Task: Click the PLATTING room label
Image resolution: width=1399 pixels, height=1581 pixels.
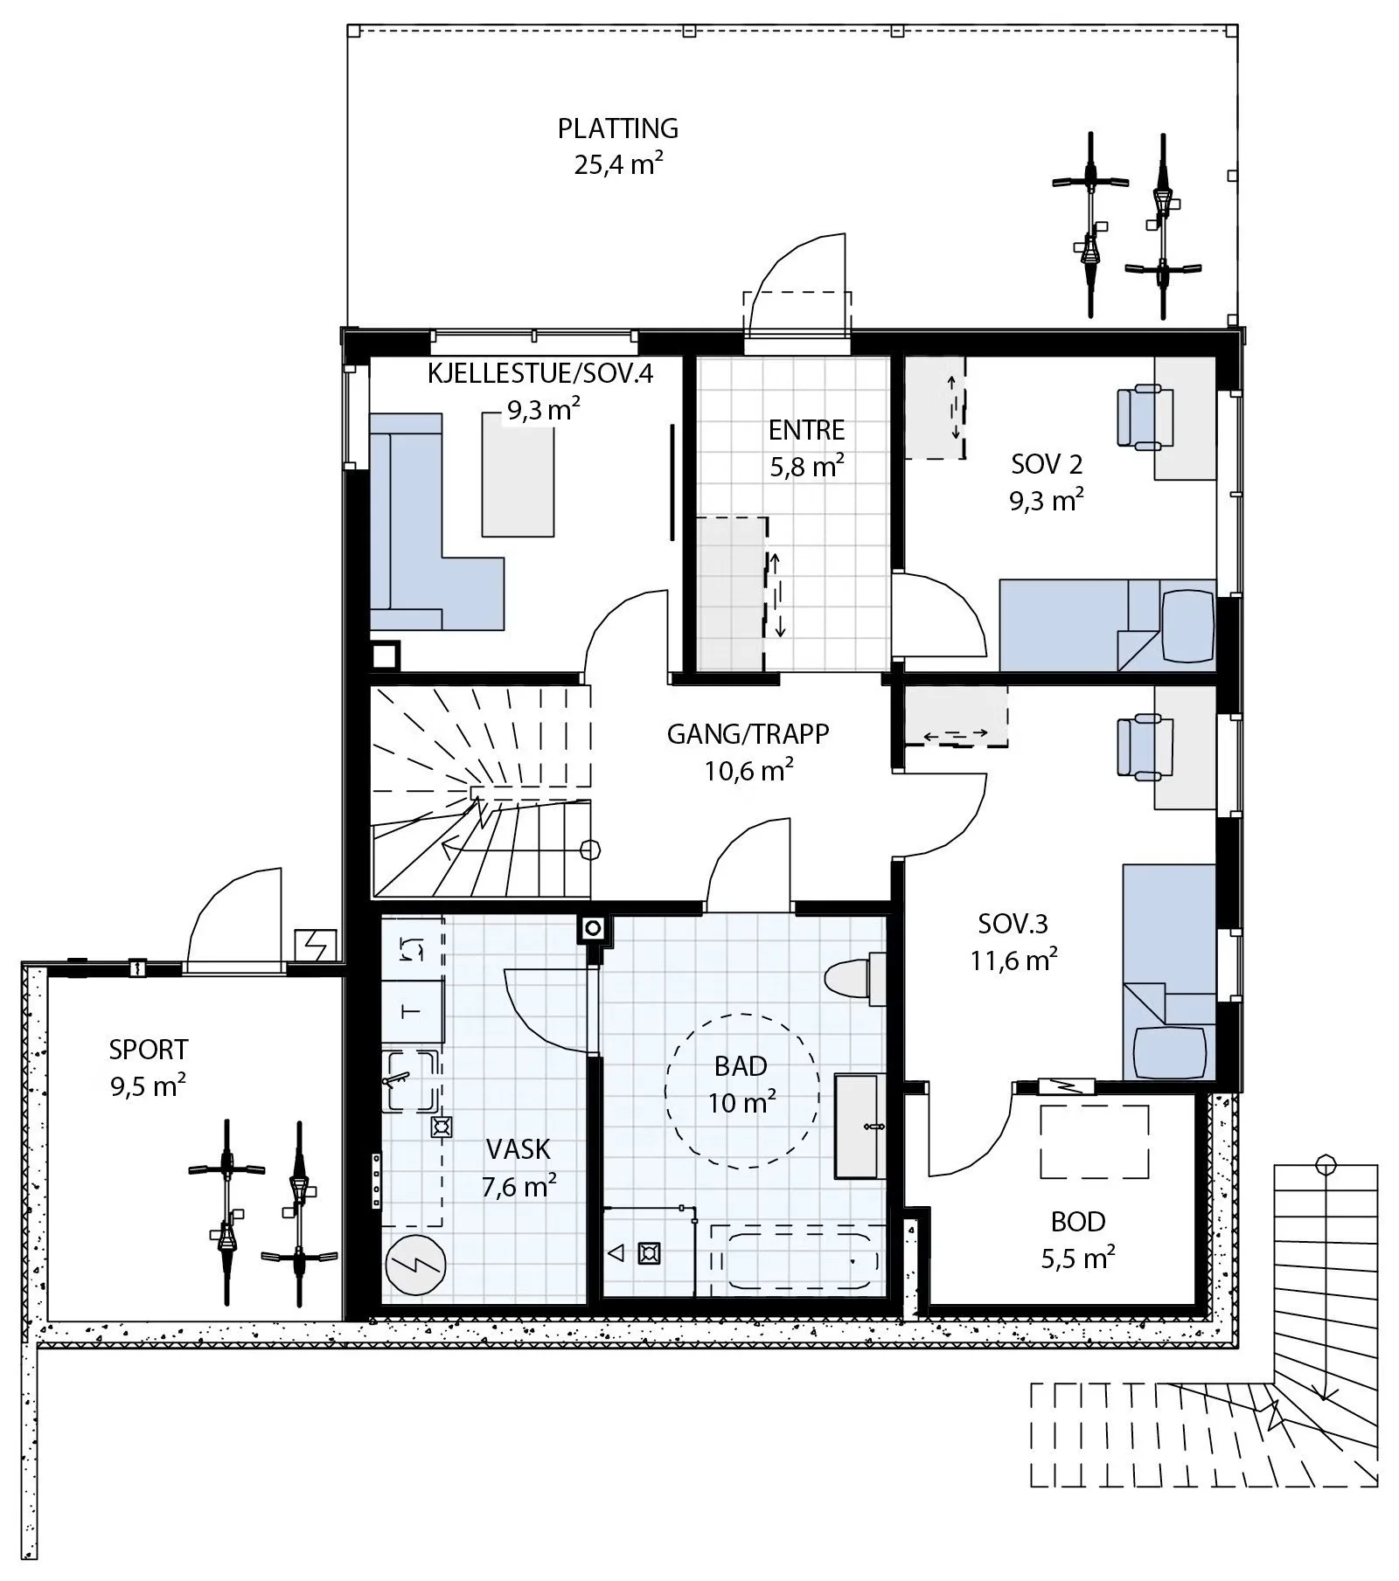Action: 618,128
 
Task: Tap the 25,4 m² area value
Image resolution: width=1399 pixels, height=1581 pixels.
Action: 618,164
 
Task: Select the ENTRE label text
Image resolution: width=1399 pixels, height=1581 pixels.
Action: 807,430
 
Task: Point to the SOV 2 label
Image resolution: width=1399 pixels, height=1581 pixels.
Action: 1047,464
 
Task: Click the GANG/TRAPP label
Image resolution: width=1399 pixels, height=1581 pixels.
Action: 748,734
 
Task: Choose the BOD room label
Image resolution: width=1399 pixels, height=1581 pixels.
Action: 1078,1222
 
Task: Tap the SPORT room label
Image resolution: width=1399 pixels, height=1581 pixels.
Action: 149,1050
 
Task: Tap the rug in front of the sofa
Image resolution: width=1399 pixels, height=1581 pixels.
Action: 518,473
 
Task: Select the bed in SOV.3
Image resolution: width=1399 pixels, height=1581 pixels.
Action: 1169,972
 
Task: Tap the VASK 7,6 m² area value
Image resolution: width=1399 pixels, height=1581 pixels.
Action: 519,1186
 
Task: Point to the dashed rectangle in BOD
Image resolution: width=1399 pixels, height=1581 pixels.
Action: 1094,1142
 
